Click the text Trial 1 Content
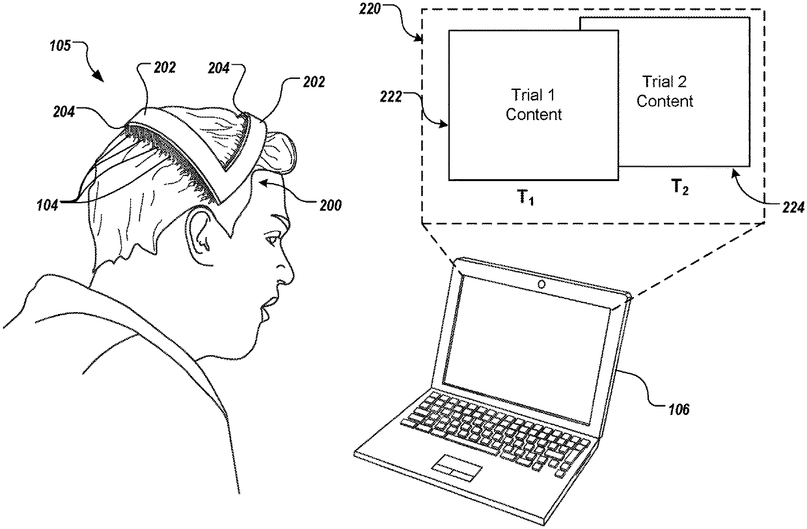[x=534, y=106]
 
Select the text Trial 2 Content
[x=664, y=91]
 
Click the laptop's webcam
[x=541, y=285]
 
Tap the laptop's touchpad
[x=457, y=466]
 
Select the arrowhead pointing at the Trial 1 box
[x=445, y=124]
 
